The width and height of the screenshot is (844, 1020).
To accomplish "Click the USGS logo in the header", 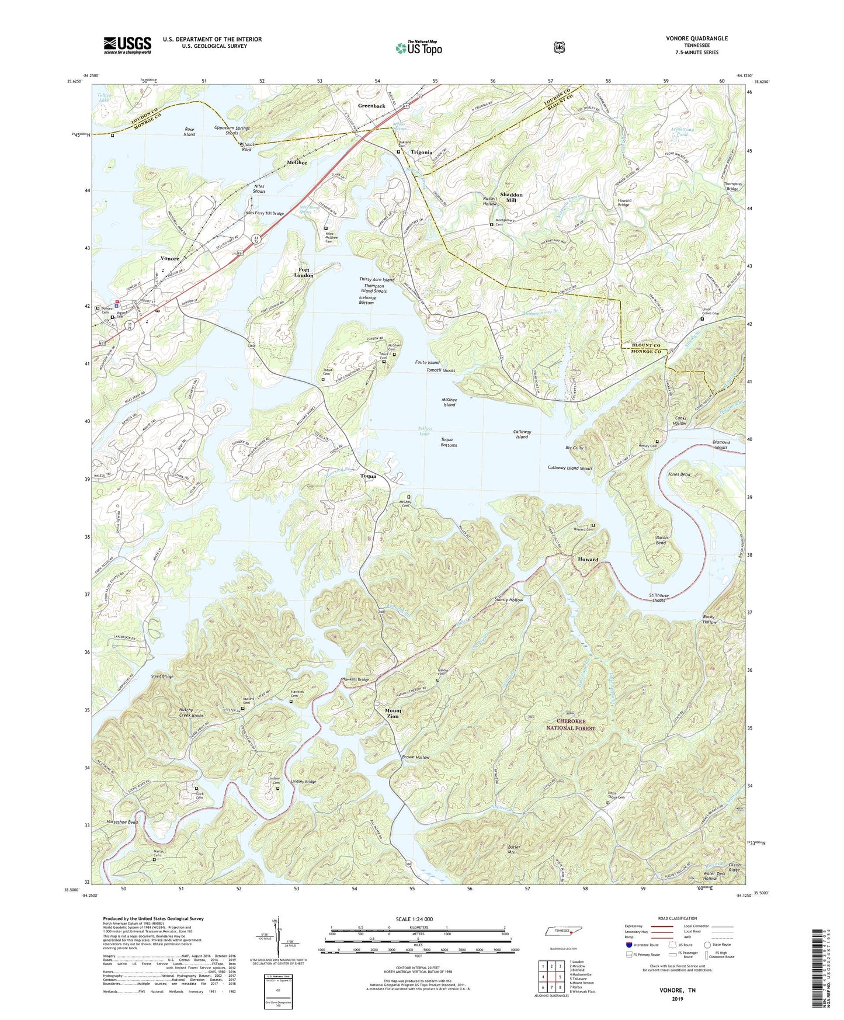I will pos(127,45).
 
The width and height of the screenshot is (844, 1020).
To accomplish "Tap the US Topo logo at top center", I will pos(418,48).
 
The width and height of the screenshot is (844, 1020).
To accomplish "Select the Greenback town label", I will pos(371,106).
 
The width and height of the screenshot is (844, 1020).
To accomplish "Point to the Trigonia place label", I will pos(421,152).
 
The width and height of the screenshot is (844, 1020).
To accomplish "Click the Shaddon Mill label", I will pos(511,197).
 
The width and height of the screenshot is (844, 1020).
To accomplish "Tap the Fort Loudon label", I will pos(303,272).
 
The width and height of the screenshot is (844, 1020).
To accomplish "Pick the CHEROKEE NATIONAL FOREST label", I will pos(570,725).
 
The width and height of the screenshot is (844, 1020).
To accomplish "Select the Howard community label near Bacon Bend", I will pos(588,559).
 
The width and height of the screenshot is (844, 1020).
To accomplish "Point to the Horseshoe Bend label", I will pos(122,822).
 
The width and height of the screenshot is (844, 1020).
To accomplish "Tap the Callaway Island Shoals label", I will pos(569,468).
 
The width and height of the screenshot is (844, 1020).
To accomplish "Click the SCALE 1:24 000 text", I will pos(414,919).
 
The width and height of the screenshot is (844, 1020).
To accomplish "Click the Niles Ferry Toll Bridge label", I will pos(264,214).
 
